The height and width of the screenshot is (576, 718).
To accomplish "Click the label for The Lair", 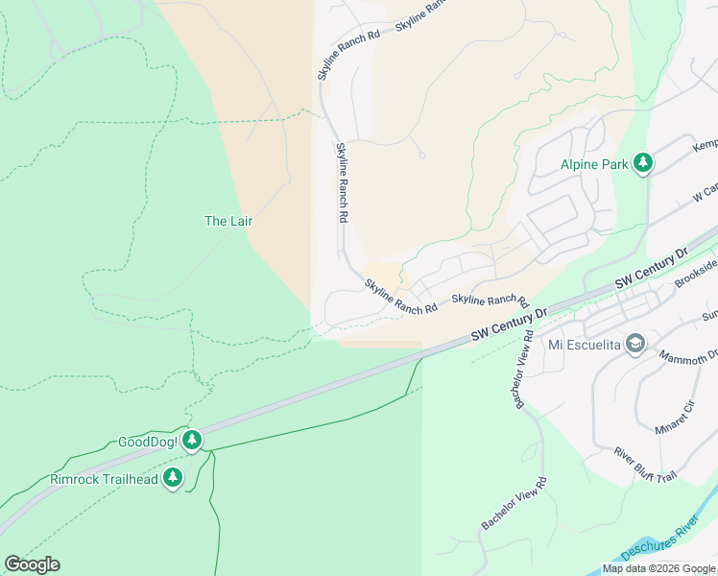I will tap(228, 221).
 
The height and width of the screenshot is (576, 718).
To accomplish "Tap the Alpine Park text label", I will tap(595, 164).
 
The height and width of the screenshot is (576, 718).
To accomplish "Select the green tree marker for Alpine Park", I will tap(643, 163).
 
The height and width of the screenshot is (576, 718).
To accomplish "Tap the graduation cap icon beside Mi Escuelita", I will tap(634, 344).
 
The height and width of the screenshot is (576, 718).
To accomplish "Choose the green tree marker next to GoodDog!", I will tap(193, 440).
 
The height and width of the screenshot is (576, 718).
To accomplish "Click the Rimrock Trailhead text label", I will tap(103, 478).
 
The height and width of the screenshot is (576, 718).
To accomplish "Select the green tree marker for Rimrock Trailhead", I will tap(173, 477).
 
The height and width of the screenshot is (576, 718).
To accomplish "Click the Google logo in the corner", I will tap(32, 564).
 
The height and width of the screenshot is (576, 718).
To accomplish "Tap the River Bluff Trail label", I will tap(646, 464).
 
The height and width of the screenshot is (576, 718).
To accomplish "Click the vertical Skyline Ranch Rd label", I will tap(341, 182).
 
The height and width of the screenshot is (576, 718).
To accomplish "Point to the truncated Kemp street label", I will tap(705, 144).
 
